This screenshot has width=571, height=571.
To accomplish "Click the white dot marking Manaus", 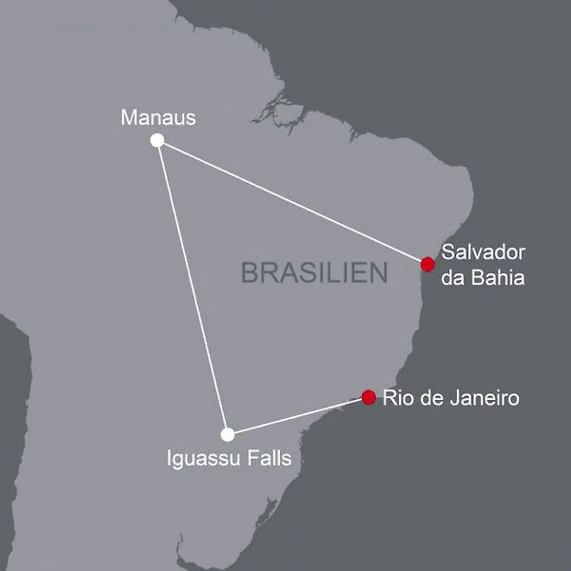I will point(157,140).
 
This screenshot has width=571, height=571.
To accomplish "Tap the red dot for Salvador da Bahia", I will point(427,264).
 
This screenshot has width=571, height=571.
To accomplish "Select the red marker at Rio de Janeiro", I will point(369,397).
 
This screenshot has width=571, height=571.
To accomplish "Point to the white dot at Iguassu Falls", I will point(228,435).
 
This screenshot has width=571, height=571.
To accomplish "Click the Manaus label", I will point(158,118).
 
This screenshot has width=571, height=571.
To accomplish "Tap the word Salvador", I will point(483,252).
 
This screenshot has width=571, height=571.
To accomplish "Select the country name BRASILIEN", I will point(314,273).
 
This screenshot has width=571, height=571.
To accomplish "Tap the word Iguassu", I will point(203,459).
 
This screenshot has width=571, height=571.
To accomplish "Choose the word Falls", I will point(269,458).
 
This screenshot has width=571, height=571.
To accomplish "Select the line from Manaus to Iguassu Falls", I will point(192,287).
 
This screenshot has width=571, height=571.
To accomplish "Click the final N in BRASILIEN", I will point(379,273).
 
